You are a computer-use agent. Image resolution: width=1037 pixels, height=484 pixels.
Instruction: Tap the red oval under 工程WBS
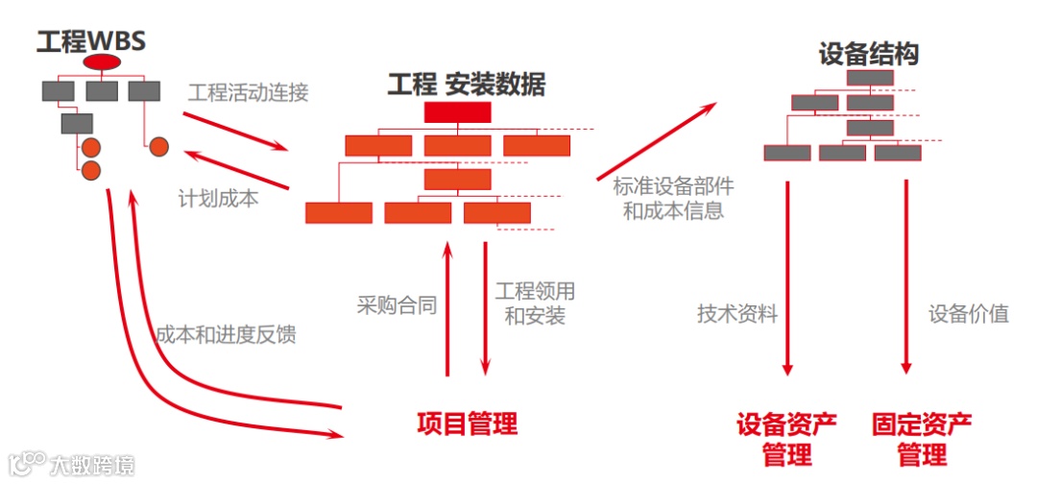[102, 62]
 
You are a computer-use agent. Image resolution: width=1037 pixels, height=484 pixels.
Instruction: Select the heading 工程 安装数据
[467, 85]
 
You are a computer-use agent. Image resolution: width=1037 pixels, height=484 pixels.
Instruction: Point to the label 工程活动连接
[248, 93]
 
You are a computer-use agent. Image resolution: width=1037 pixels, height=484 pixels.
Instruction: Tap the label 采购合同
[397, 306]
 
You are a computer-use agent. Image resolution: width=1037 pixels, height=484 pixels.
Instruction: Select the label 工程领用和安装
[535, 302]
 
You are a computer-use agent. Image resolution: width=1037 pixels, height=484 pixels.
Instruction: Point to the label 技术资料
[737, 314]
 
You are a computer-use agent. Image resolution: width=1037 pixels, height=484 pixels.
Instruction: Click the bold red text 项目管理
[467, 423]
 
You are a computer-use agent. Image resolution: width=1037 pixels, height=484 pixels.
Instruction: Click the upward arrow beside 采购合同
[446, 307]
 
